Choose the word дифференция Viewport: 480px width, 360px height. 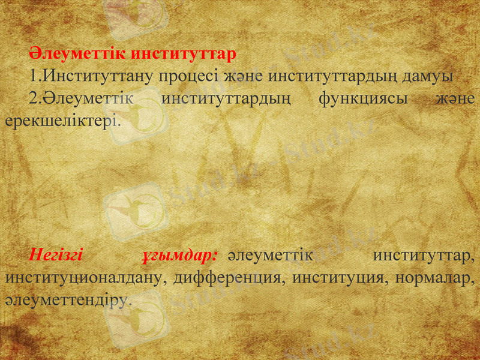[x=228, y=278]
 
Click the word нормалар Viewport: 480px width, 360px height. [x=431, y=278]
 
